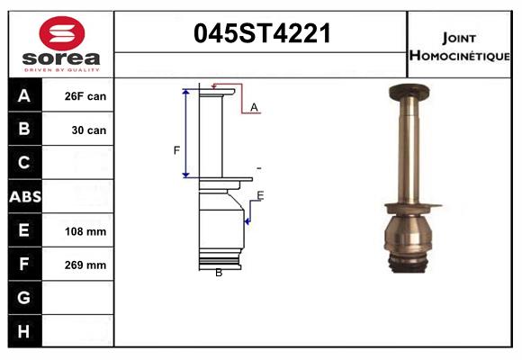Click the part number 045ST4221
pos(263,34)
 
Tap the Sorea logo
pos(61,43)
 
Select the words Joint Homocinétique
pos(461,46)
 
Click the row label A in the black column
pos(23,96)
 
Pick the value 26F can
pos(86,96)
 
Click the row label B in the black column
pos(23,130)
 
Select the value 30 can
pos(89,130)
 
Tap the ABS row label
pos(23,196)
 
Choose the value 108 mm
pos(86,231)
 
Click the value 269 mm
pos(86,265)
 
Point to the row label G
pos(23,298)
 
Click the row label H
pos(23,331)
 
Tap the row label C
pos(23,163)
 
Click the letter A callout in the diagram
pos(255,107)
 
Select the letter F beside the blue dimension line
pos(176,149)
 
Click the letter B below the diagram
pos(219,272)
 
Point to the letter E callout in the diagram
pos(260,195)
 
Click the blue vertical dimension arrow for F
pos(186,133)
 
